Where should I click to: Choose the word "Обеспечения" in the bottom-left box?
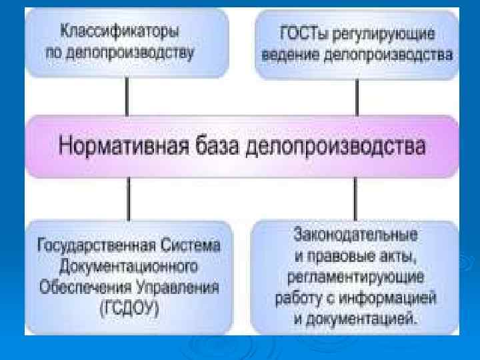87,288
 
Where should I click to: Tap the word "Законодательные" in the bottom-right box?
355,235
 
